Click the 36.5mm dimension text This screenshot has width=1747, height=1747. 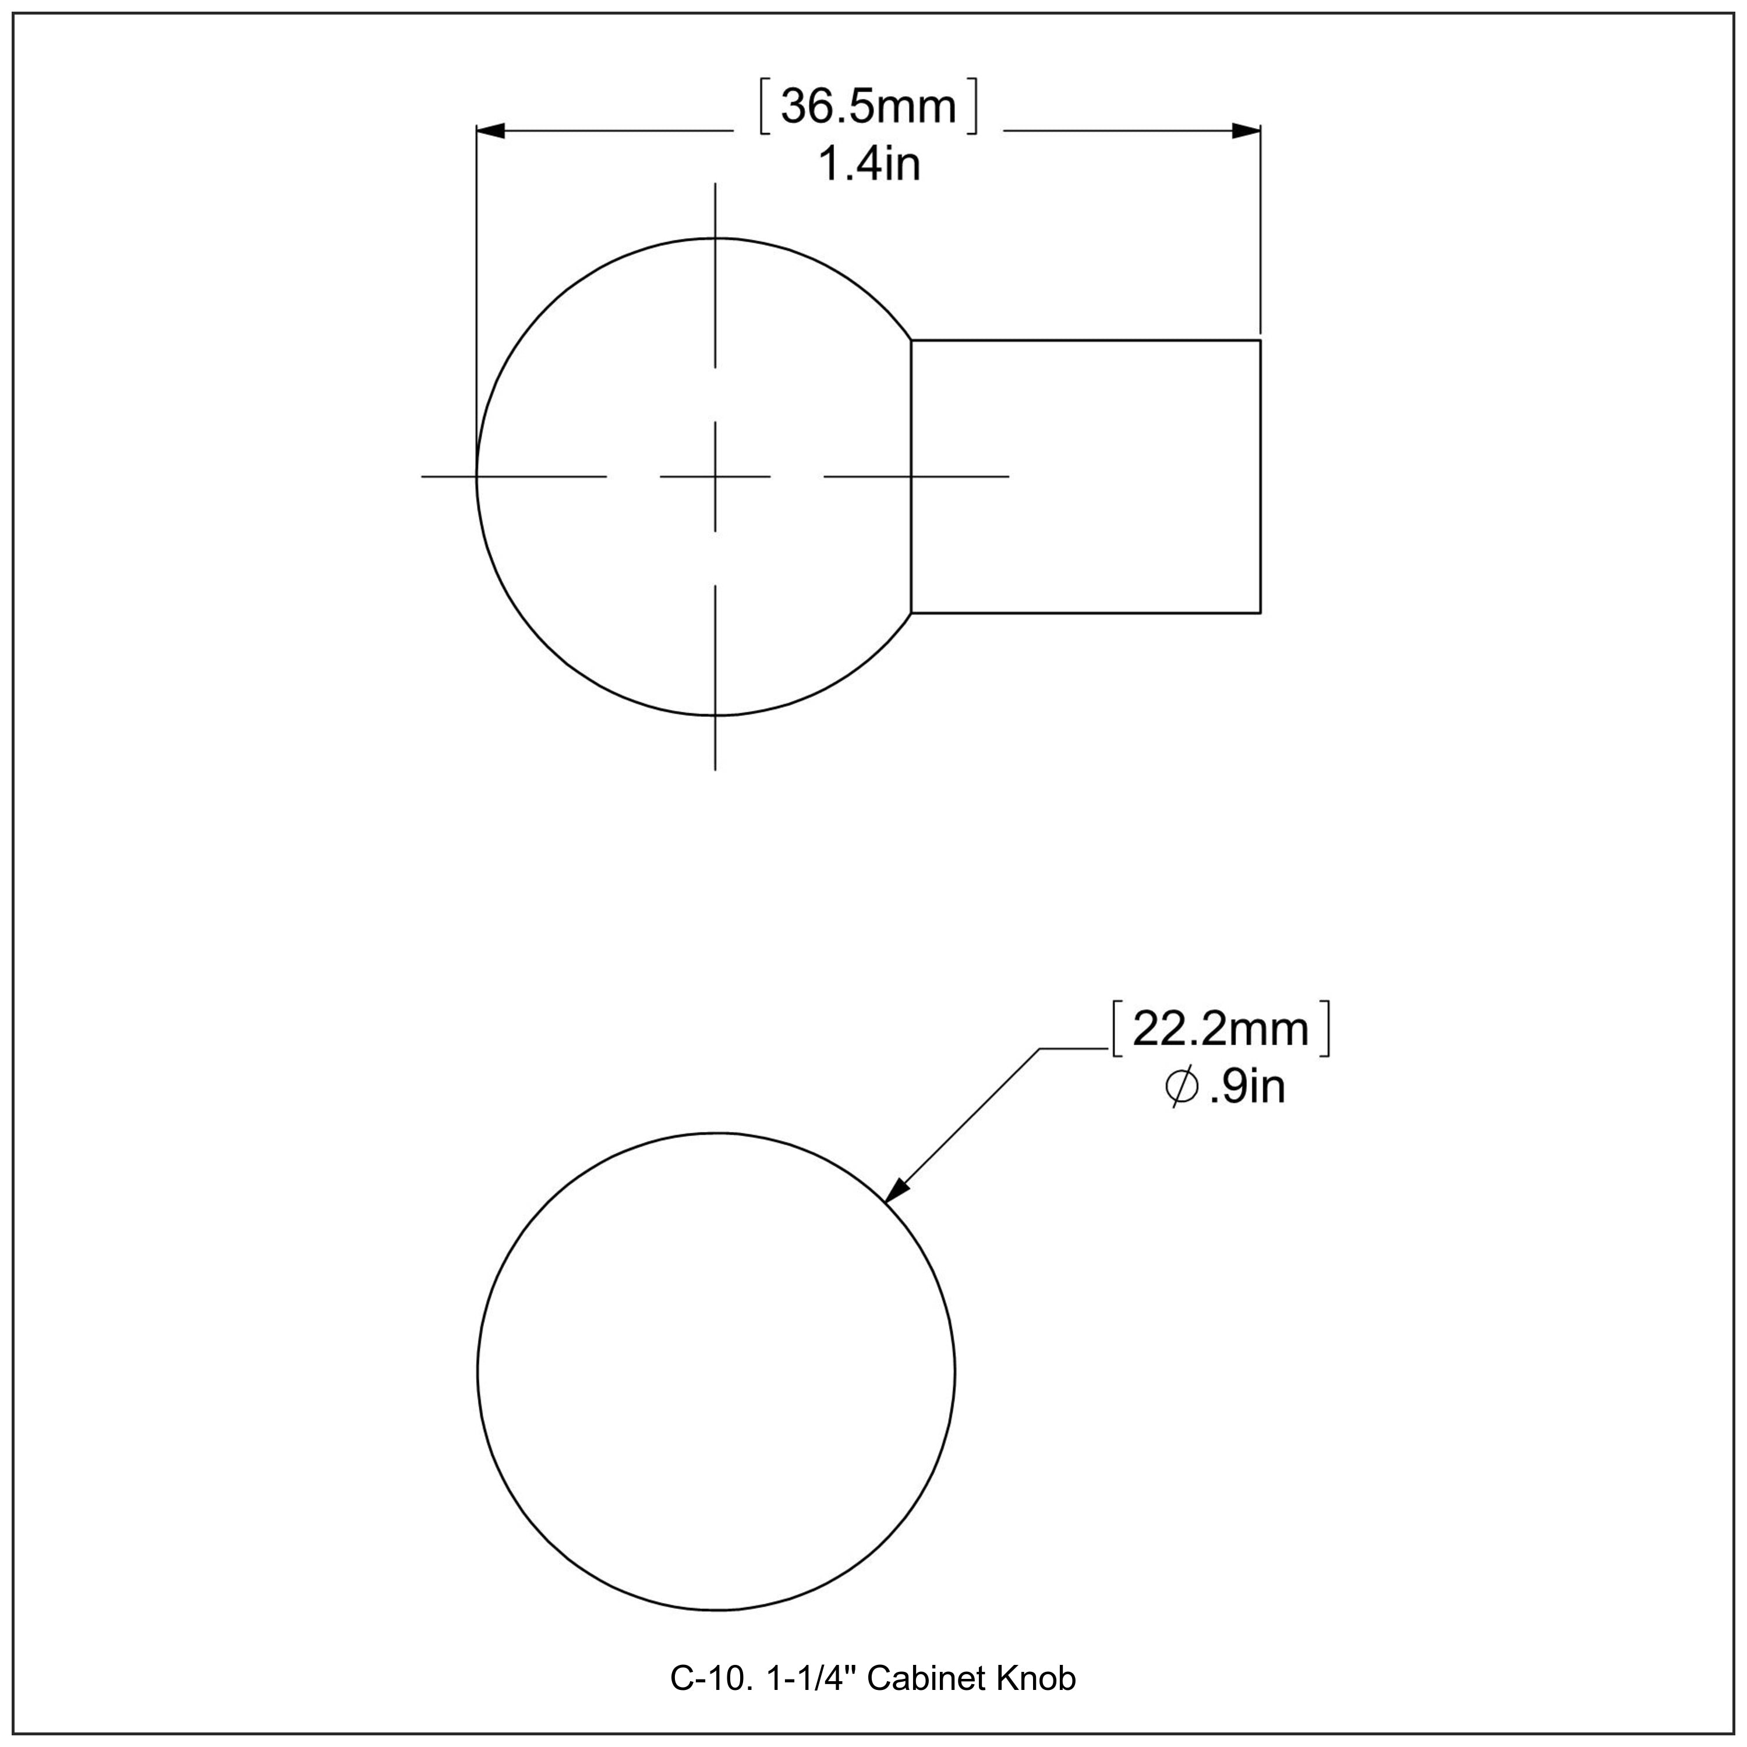(868, 107)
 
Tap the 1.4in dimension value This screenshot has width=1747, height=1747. (868, 165)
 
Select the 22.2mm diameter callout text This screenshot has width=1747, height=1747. (1220, 1029)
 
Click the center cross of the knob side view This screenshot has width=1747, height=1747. (715, 476)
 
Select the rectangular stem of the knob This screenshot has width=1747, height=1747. (1085, 476)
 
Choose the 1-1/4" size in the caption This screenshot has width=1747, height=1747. (812, 1678)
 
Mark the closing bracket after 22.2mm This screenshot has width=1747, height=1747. (1325, 1029)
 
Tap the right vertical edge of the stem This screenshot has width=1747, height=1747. (1260, 476)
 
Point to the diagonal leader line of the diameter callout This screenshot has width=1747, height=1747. (967, 1119)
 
